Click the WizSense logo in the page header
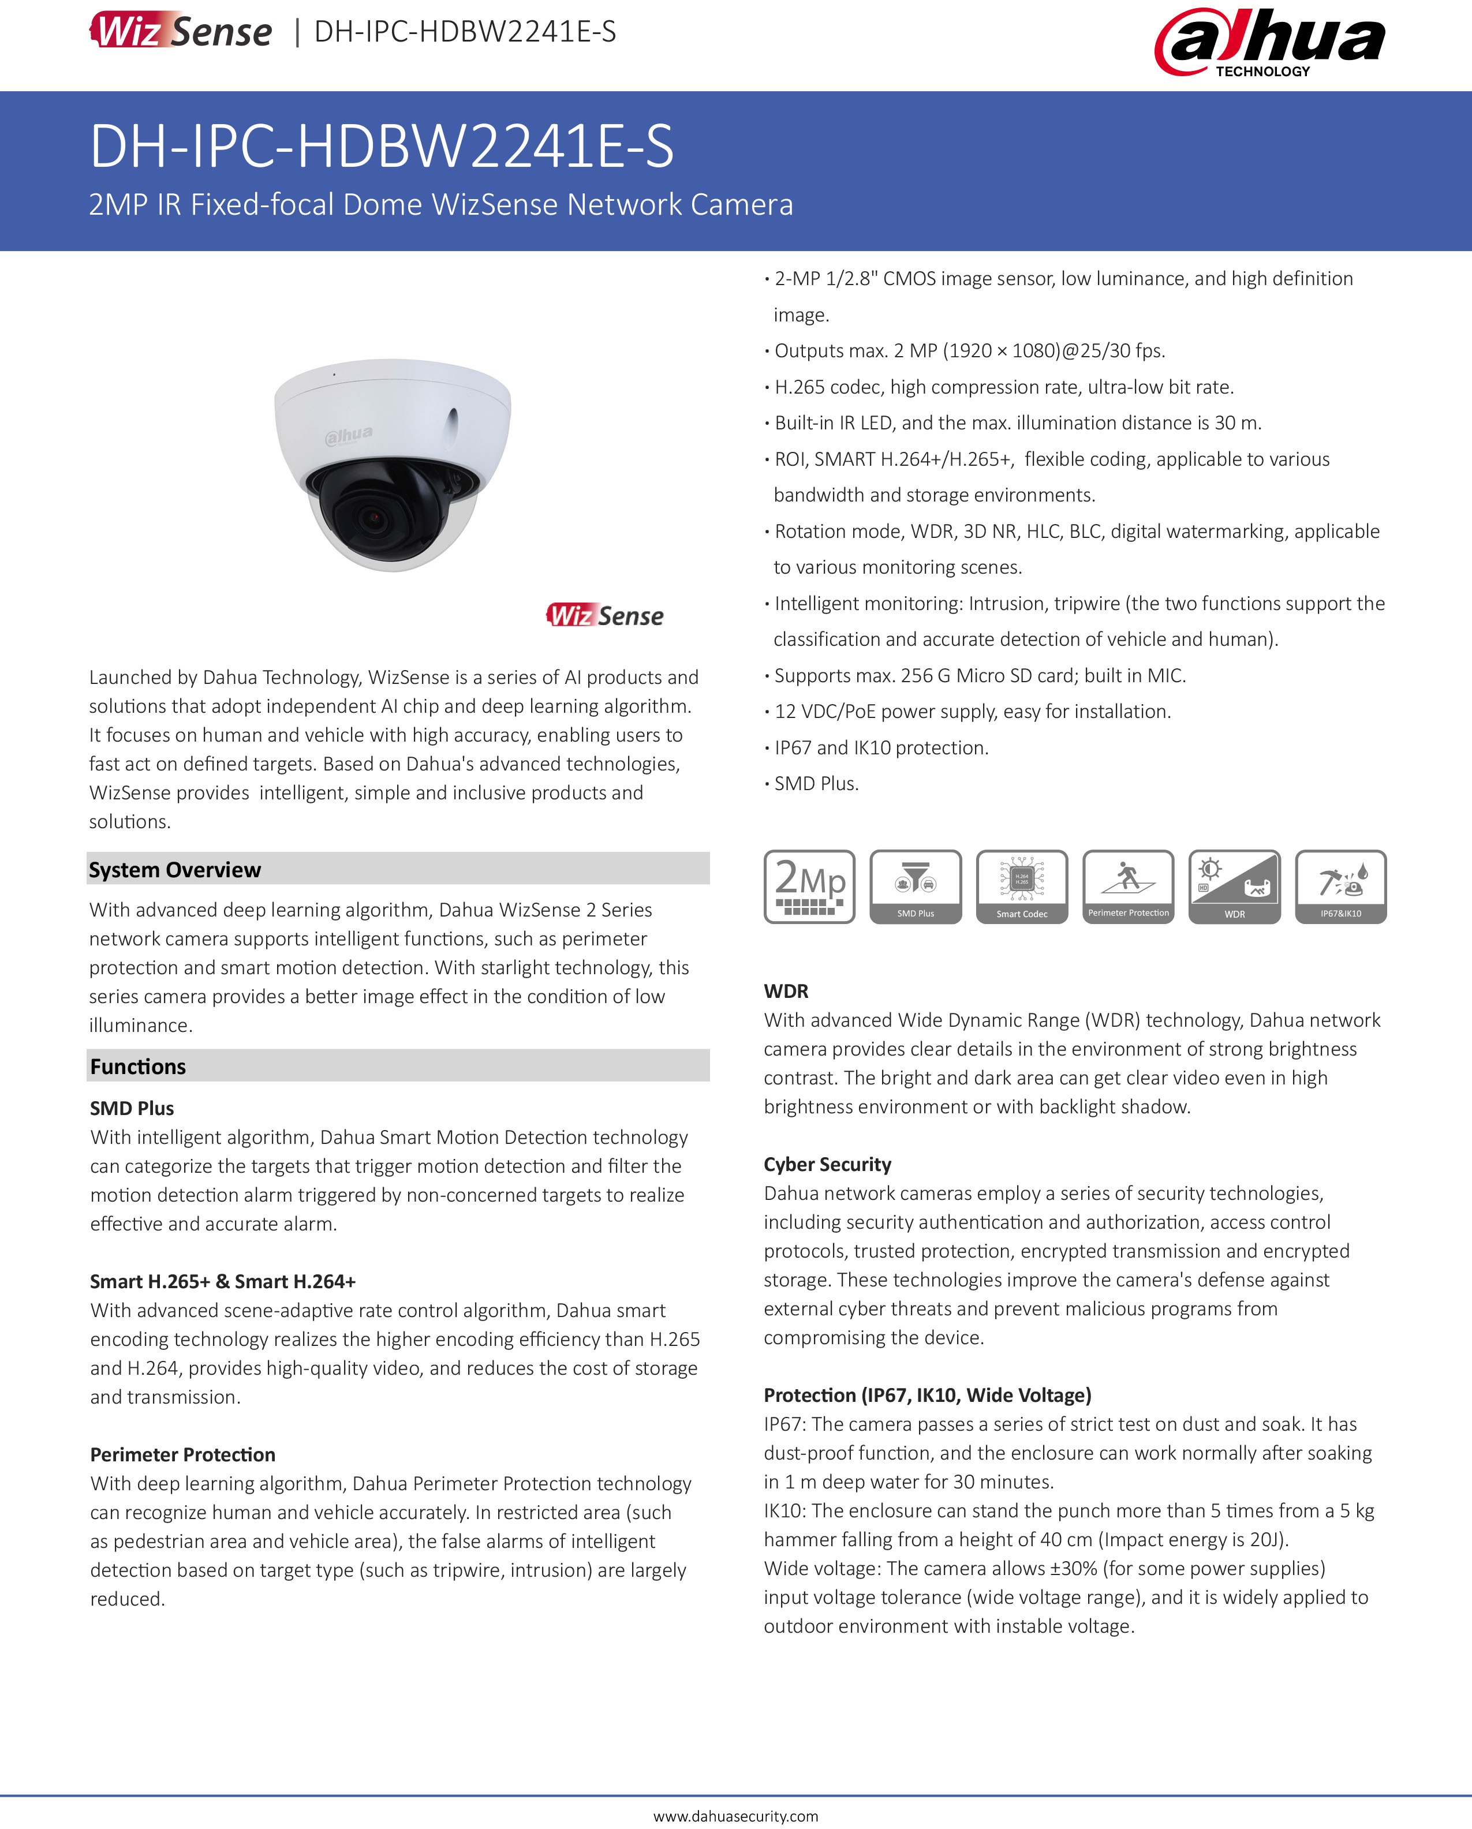coord(181,31)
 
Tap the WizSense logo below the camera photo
coord(604,615)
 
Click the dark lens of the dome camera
coord(374,516)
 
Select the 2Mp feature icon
coord(809,886)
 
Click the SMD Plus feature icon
coord(916,886)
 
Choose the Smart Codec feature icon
coord(1022,886)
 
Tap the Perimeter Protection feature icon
coord(1129,886)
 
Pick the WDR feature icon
coord(1234,886)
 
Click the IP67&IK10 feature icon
coord(1340,886)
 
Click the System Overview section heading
coord(175,870)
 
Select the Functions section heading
coord(137,1067)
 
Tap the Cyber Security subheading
coord(827,1164)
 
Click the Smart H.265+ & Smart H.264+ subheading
coord(222,1281)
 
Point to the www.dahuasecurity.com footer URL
coord(735,1815)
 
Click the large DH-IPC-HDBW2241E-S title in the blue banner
coord(382,146)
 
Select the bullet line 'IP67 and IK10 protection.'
coord(881,747)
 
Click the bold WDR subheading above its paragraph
coord(786,991)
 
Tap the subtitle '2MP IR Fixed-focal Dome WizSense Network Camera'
coord(440,204)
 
